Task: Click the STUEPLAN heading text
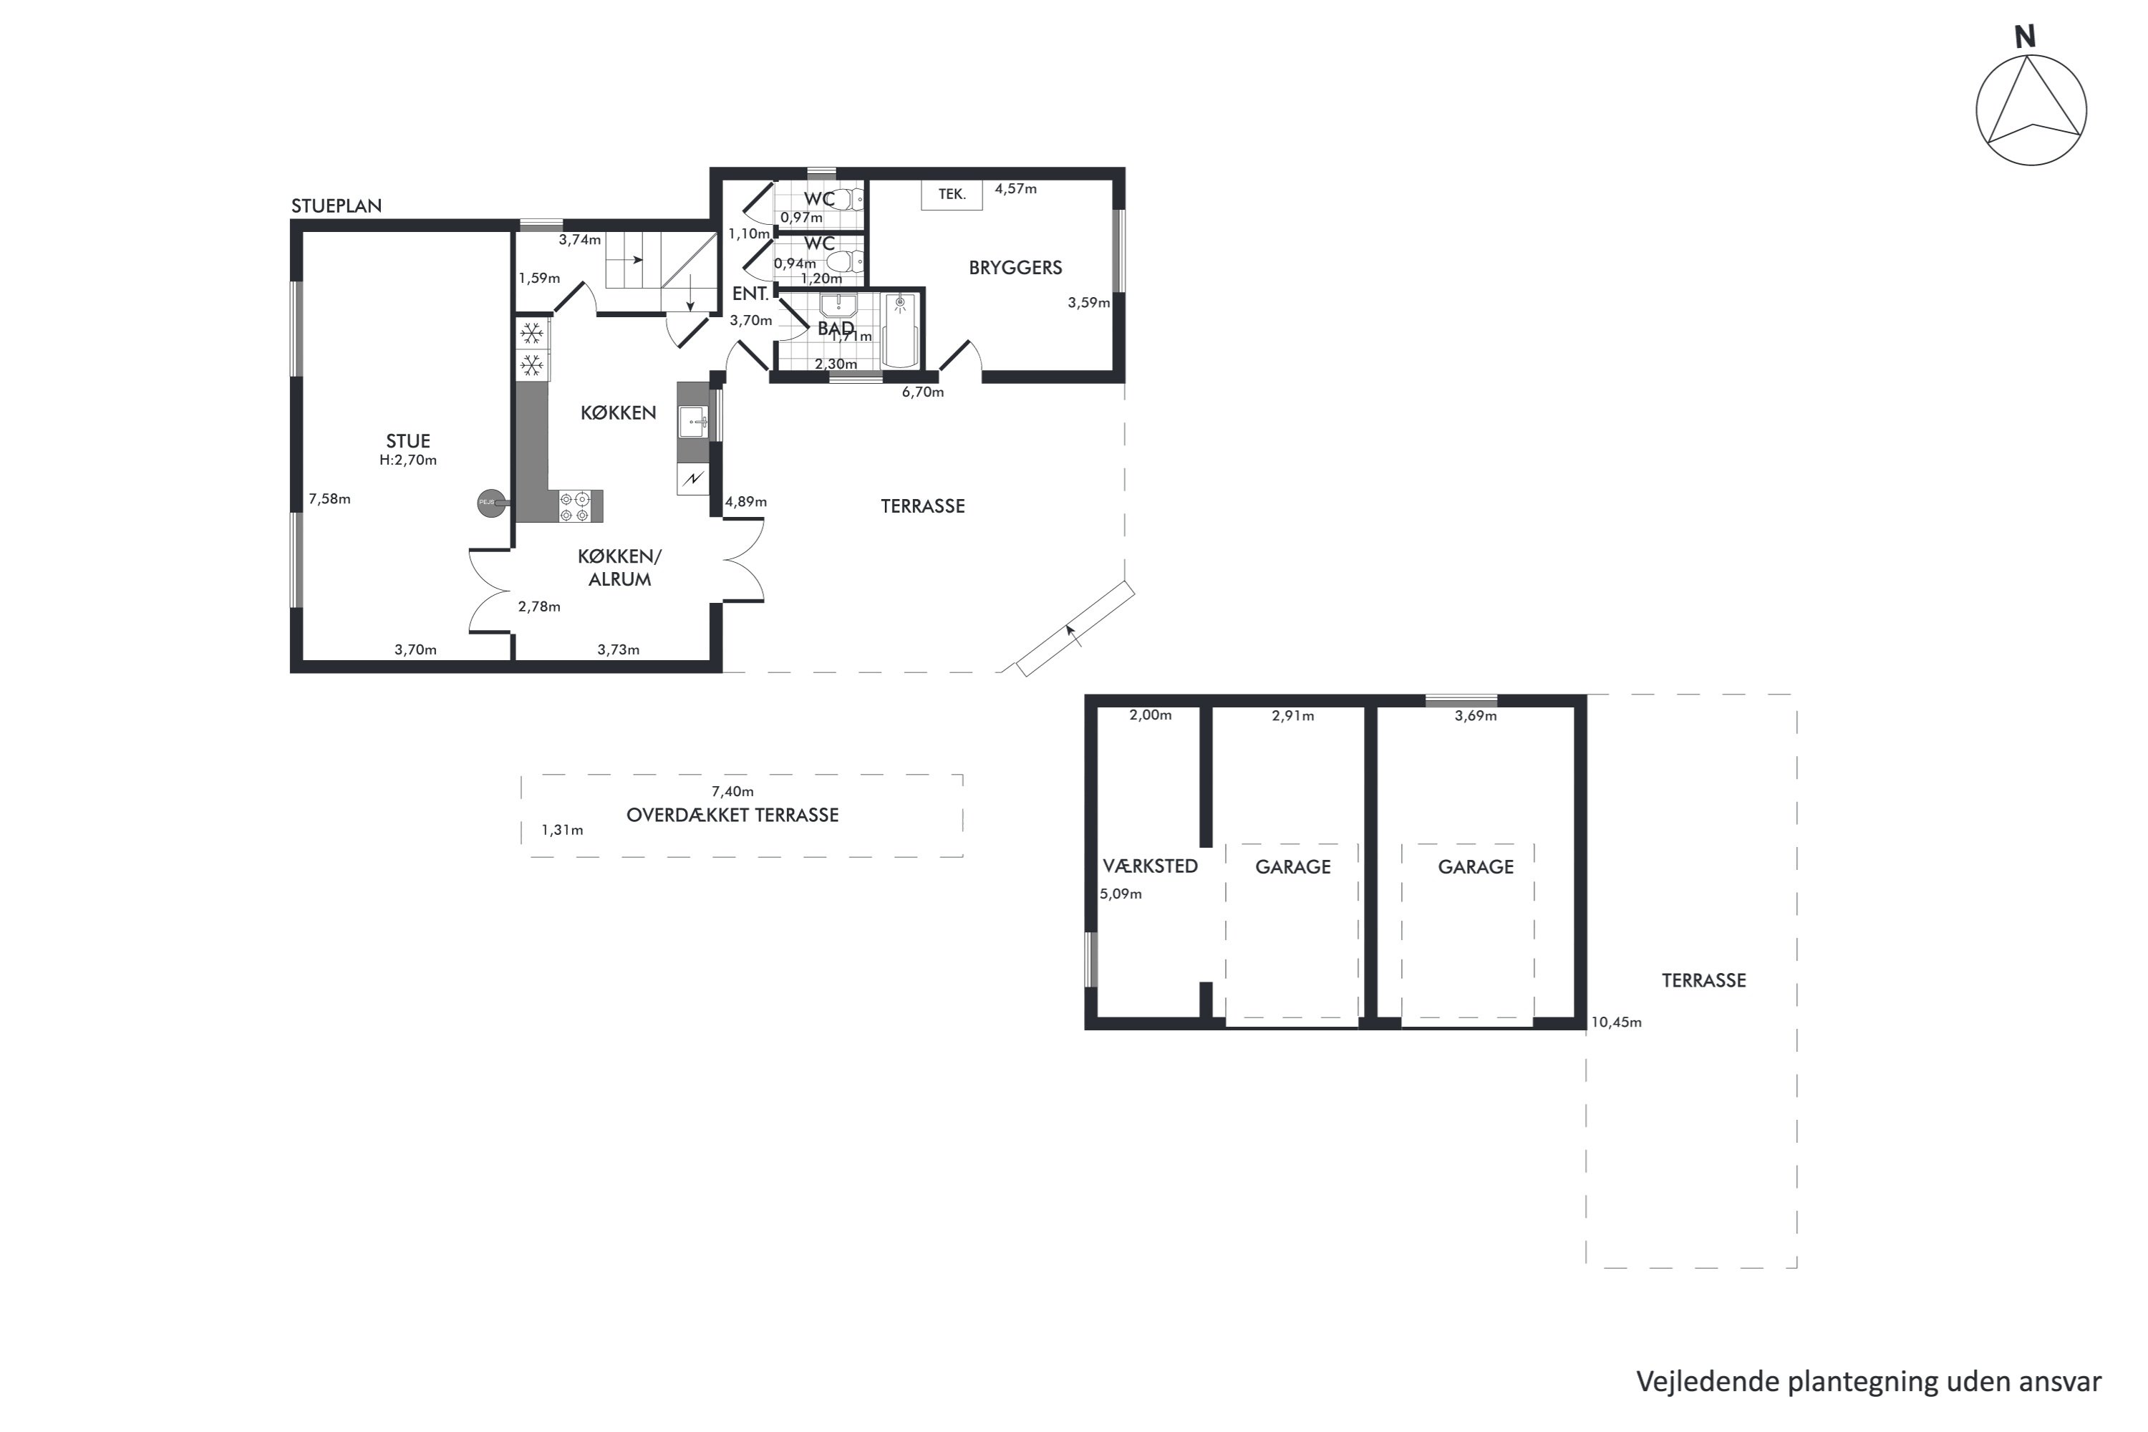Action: click(x=336, y=206)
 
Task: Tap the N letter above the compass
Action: click(x=2025, y=37)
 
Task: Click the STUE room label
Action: click(x=407, y=441)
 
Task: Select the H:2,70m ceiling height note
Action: click(x=408, y=460)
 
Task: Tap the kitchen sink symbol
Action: click(x=694, y=422)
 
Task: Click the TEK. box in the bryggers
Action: click(x=952, y=195)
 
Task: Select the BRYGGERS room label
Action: click(x=1015, y=268)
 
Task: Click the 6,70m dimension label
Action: click(x=922, y=392)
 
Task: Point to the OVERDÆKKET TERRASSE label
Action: click(x=732, y=816)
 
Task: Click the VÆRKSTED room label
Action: click(x=1150, y=866)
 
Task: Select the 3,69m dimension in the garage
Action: click(x=1476, y=716)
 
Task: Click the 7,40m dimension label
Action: click(x=732, y=792)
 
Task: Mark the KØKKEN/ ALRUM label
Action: click(x=619, y=568)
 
